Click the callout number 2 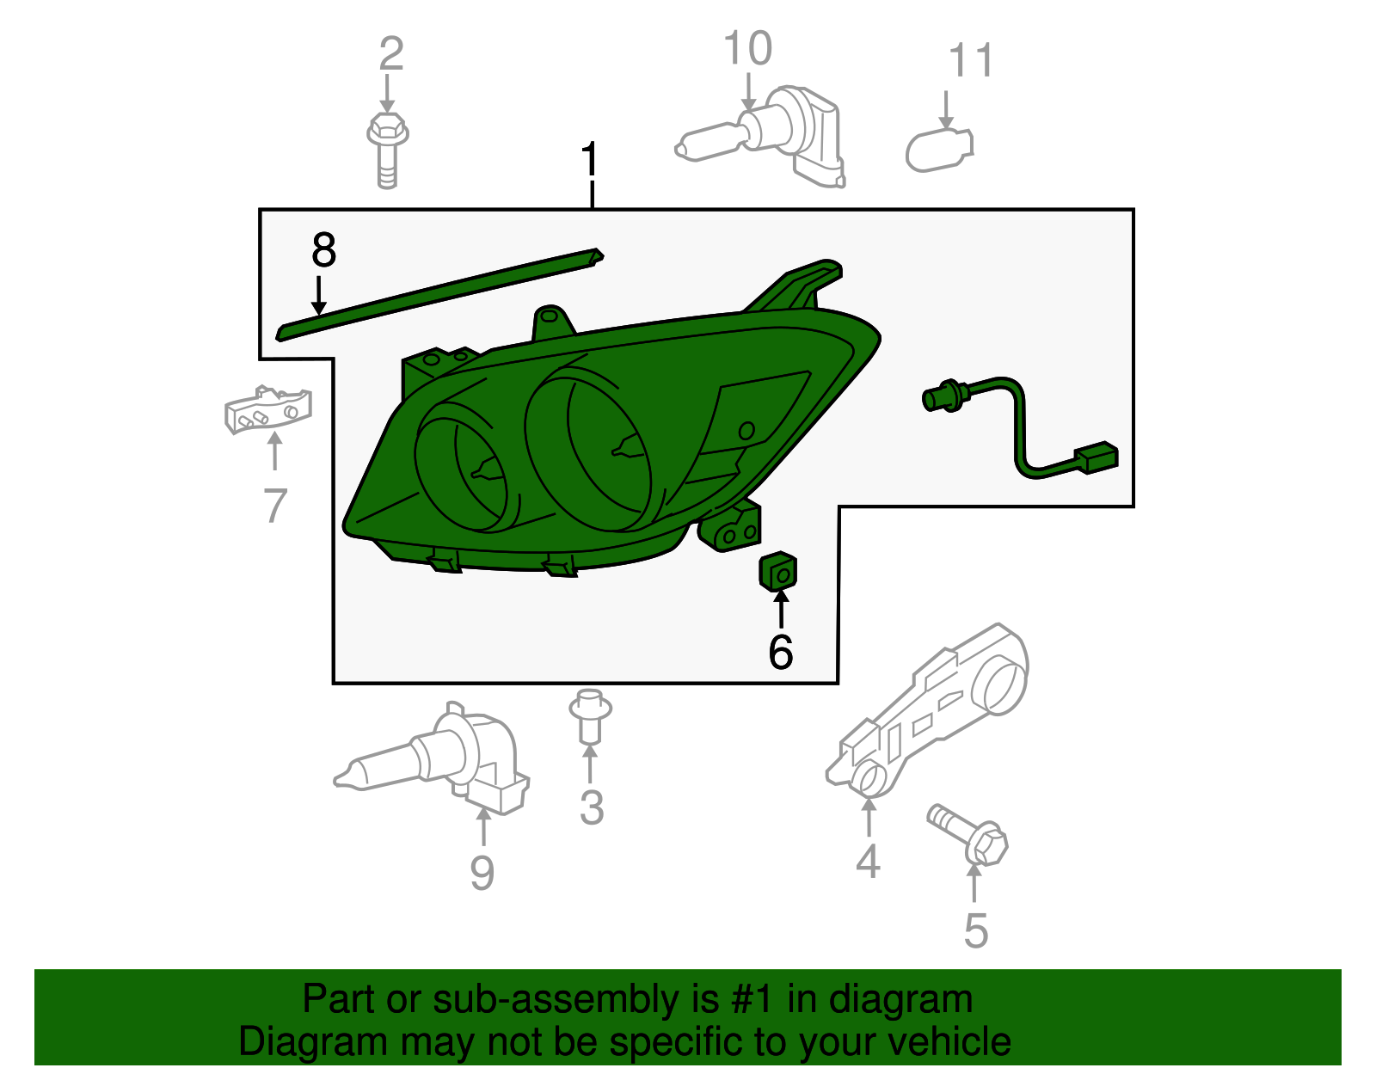click(x=390, y=54)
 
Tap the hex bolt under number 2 click(x=388, y=150)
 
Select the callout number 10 click(x=748, y=48)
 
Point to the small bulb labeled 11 click(x=939, y=150)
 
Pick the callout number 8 click(x=323, y=249)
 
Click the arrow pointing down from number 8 click(x=318, y=295)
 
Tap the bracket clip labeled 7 click(x=267, y=409)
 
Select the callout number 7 click(x=275, y=505)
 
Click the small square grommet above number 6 click(x=778, y=571)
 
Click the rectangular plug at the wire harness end click(x=1096, y=457)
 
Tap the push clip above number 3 click(x=590, y=715)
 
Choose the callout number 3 click(x=592, y=807)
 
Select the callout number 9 click(x=482, y=872)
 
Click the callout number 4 click(x=868, y=861)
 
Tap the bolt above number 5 click(x=967, y=835)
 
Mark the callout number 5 click(x=976, y=930)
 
